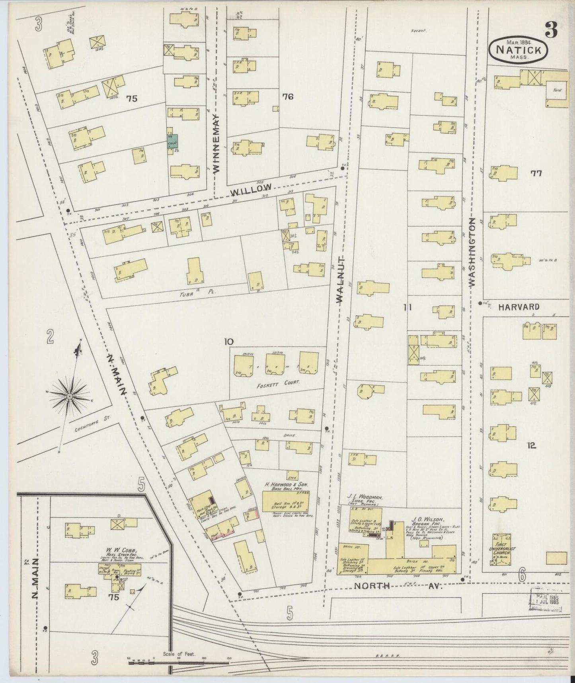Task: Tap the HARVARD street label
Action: tap(519, 307)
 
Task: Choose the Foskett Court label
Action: tap(278, 381)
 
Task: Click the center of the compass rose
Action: tap(70, 396)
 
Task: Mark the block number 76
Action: tap(287, 96)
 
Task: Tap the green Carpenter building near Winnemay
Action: tap(172, 141)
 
